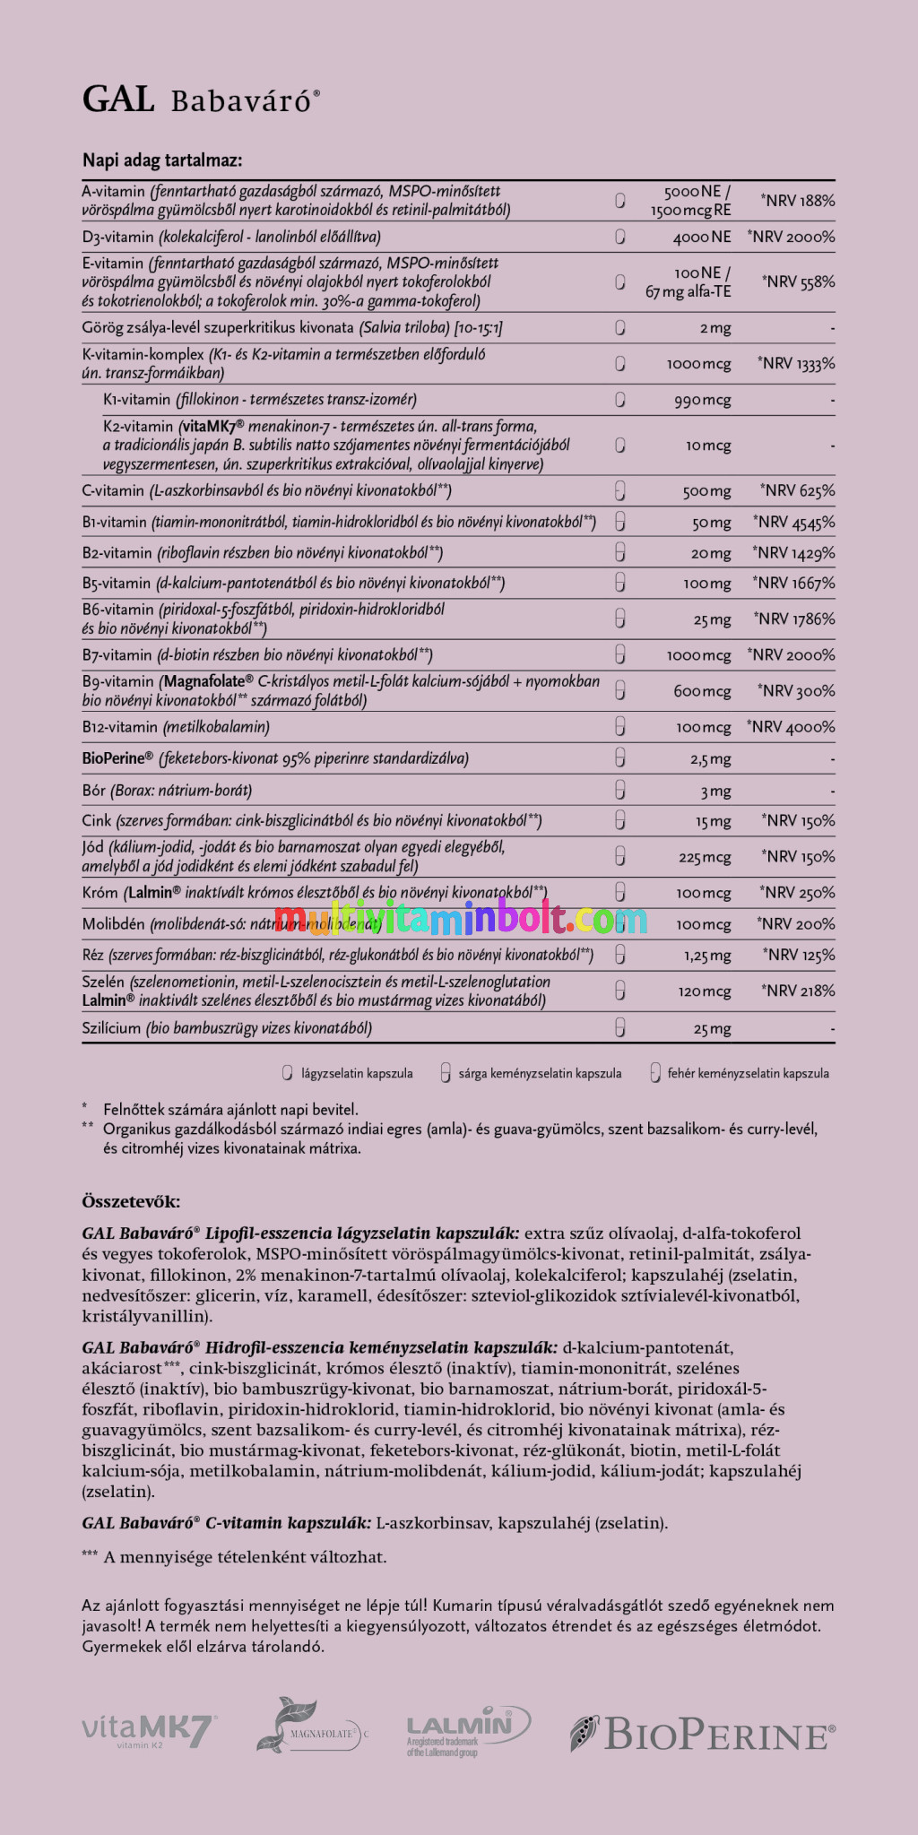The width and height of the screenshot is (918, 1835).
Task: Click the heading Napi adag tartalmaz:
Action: tap(162, 160)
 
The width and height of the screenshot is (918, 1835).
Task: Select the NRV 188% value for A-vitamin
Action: tap(798, 201)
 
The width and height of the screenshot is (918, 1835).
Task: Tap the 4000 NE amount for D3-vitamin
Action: tap(702, 237)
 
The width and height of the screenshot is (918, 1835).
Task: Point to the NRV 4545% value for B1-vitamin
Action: tap(794, 522)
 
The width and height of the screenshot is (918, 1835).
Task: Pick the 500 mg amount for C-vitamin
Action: tap(706, 491)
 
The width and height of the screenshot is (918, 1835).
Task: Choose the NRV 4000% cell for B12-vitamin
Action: tap(791, 727)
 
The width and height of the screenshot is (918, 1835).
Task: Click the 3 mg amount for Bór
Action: tap(715, 791)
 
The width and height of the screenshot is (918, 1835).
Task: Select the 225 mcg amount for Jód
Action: tap(705, 857)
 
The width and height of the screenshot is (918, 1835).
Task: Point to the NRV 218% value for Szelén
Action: tap(798, 991)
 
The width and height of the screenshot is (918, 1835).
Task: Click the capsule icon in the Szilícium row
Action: tap(619, 1028)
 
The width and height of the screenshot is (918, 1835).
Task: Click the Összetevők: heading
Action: tap(131, 1201)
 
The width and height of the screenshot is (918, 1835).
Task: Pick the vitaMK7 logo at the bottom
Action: tap(148, 1730)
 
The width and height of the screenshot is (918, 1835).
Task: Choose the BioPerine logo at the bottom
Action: tap(703, 1733)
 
